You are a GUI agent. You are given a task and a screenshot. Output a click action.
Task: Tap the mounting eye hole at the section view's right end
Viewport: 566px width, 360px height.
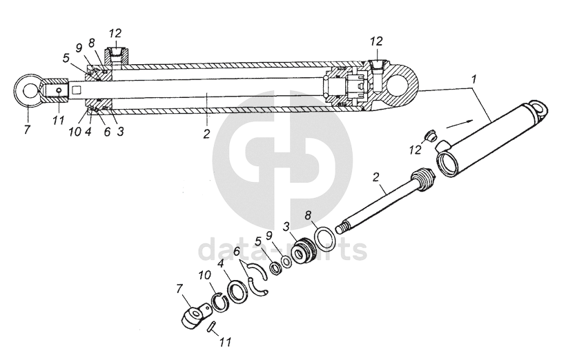[402, 85]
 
